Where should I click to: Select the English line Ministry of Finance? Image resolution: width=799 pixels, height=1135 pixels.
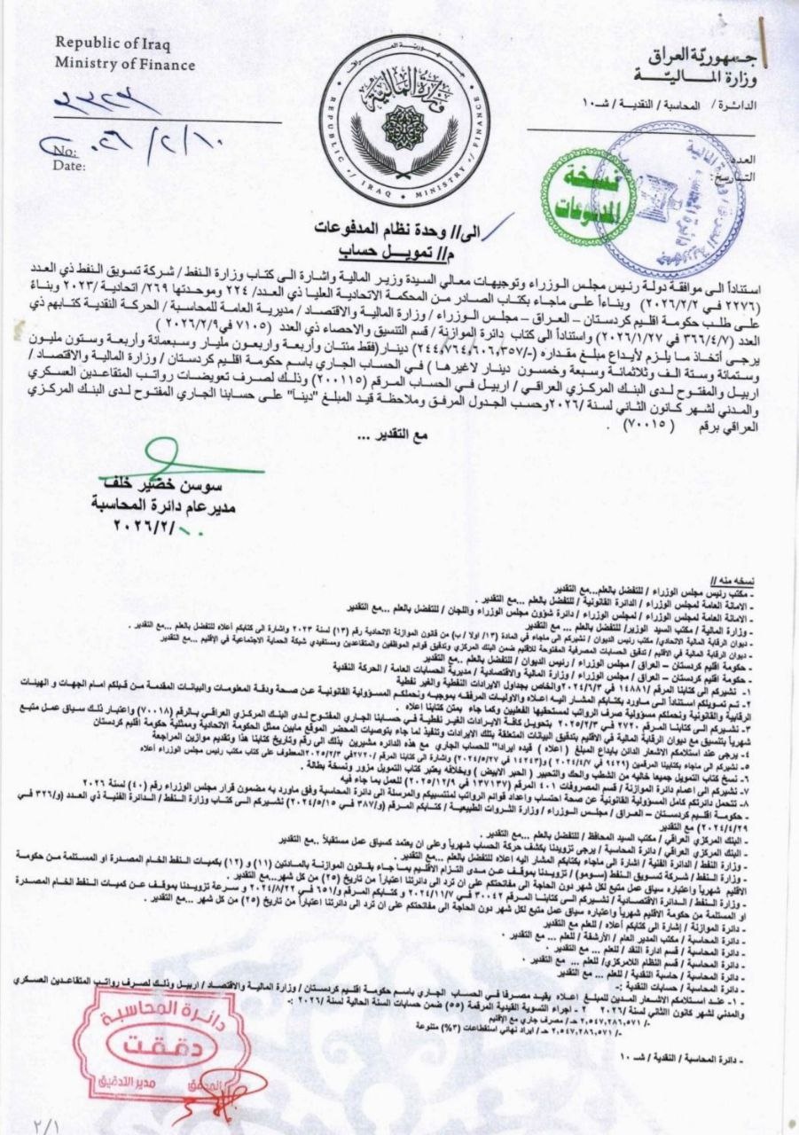tap(125, 64)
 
